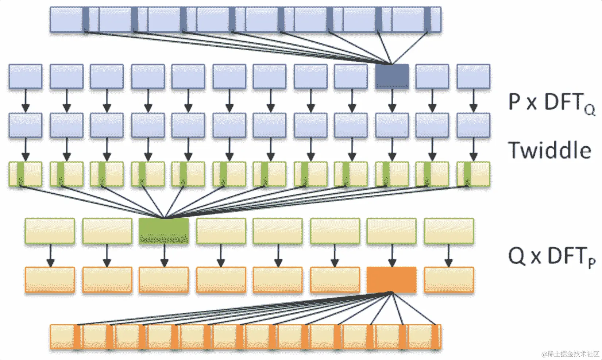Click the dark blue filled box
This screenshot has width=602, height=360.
pyautogui.click(x=392, y=77)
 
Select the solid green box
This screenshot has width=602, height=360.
pyautogui.click(x=164, y=231)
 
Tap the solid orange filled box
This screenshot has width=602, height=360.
pyautogui.click(x=391, y=280)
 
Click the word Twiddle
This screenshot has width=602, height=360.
pyautogui.click(x=549, y=150)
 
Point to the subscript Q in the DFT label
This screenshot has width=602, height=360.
pyautogui.click(x=590, y=109)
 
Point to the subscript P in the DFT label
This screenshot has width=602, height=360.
pyautogui.click(x=591, y=263)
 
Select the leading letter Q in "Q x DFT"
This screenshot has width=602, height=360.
pyautogui.click(x=516, y=256)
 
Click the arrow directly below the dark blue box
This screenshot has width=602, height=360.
pyautogui.click(x=392, y=101)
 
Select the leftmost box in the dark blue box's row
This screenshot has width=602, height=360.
pyautogui.click(x=25, y=77)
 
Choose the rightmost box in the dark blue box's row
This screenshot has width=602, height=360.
pyautogui.click(x=473, y=77)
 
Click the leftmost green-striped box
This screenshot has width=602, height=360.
pyautogui.click(x=25, y=174)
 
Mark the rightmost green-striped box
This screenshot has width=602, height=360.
pyautogui.click(x=473, y=174)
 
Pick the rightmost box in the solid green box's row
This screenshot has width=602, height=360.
pyautogui.click(x=449, y=231)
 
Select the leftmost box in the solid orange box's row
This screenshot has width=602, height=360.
pyautogui.click(x=50, y=280)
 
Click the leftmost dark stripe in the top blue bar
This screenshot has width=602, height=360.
pyautogui.click(x=85, y=19)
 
